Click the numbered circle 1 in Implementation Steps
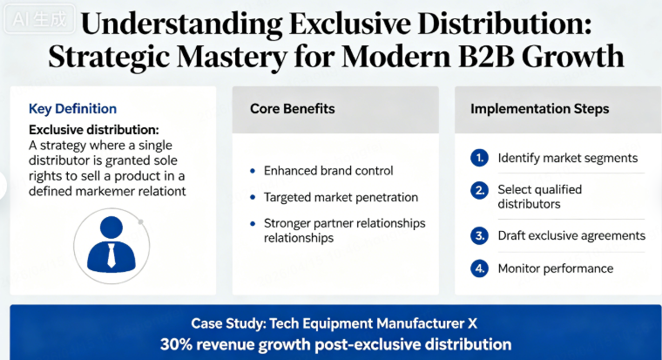point(478,158)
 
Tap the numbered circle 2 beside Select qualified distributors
point(478,190)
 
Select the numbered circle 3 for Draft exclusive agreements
point(478,235)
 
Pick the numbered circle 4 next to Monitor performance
point(478,268)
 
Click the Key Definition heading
point(72,109)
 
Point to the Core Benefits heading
point(292,109)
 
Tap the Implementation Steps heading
point(539,109)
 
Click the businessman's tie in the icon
point(111,255)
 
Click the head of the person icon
point(111,228)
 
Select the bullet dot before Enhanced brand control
point(253,172)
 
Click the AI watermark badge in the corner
point(25,16)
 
